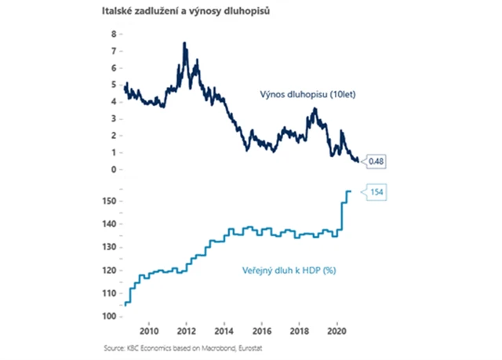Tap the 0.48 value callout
(x=375, y=162)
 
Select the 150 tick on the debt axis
(x=109, y=202)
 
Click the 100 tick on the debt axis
(x=109, y=315)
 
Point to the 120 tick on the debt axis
(x=109, y=270)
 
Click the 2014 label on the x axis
(x=224, y=329)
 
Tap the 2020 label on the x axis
(x=337, y=329)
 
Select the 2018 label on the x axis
(x=300, y=329)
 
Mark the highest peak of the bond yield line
(x=184, y=43)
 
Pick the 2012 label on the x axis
(x=187, y=329)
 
